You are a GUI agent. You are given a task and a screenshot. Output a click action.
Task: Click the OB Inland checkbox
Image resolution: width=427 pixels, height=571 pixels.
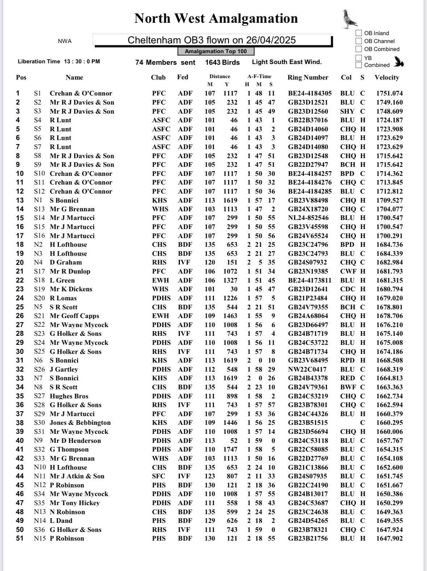pyautogui.click(x=359, y=33)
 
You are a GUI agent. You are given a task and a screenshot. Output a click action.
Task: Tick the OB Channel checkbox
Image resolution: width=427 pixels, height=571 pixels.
pyautogui.click(x=359, y=41)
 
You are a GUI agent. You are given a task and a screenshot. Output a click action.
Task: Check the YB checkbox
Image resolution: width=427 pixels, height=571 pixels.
pyautogui.click(x=359, y=58)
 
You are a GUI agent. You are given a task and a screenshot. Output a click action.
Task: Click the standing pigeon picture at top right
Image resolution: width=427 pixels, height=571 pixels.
pyautogui.click(x=350, y=19)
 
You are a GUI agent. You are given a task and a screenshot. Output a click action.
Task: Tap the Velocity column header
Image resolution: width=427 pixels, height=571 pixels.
pyautogui.click(x=387, y=77)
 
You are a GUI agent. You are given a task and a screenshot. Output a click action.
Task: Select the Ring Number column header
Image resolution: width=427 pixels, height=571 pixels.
pyautogui.click(x=308, y=77)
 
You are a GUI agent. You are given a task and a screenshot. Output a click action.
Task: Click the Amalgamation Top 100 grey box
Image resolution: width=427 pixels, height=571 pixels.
pyautogui.click(x=216, y=51)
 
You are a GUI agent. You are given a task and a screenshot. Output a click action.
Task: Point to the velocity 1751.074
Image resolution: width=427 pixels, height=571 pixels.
pyautogui.click(x=389, y=93)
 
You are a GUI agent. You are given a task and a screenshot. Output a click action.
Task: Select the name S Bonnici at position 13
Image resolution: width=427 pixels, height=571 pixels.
pyautogui.click(x=64, y=200)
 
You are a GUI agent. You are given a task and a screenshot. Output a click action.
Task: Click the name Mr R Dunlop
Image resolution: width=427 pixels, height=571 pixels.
pyautogui.click(x=70, y=271)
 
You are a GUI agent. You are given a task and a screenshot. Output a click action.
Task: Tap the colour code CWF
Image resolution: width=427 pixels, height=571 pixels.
pyautogui.click(x=348, y=271)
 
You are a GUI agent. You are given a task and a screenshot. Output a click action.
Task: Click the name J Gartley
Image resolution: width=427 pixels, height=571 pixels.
pyautogui.click(x=64, y=369)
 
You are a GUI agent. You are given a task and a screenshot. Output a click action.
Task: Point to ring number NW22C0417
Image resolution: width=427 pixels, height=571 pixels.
pyautogui.click(x=307, y=369)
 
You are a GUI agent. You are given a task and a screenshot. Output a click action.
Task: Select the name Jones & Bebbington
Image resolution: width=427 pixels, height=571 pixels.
pyautogui.click(x=80, y=423)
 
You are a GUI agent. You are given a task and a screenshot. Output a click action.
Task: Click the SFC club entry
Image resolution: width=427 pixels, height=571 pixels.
pyautogui.click(x=159, y=476)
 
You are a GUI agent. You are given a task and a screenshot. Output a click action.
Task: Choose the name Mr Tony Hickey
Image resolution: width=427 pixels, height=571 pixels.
pyautogui.click(x=75, y=503)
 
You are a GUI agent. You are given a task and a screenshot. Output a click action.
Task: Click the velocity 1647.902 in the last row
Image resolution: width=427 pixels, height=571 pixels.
pyautogui.click(x=389, y=538)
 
